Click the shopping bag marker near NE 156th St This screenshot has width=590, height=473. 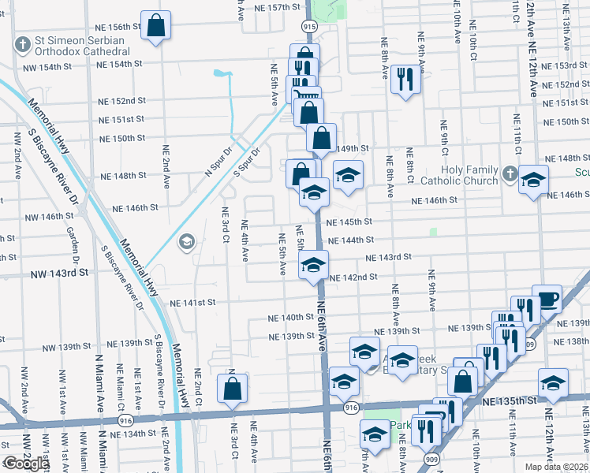pos(156,24)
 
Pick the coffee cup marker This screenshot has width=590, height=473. pos(547,298)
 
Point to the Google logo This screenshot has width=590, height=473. pos(26,464)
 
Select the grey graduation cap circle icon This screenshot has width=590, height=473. pos(187,241)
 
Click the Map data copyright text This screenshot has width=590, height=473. pos(557,467)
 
